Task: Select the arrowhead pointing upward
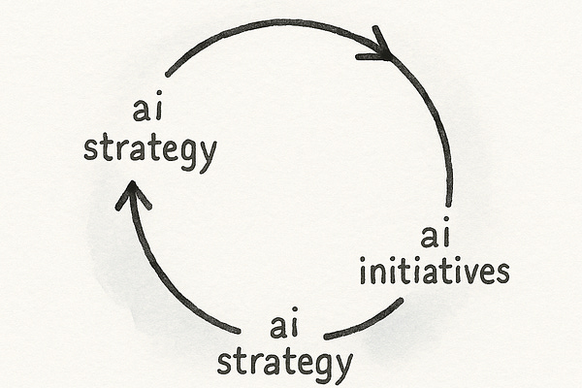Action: (x=133, y=196)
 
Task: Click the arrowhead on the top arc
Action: (x=378, y=48)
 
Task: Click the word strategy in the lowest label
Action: (x=283, y=362)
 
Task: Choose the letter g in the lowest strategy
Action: (x=318, y=367)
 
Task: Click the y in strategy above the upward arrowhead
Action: (x=206, y=156)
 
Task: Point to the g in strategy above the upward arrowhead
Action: (x=184, y=156)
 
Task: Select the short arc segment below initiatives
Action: (x=365, y=321)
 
